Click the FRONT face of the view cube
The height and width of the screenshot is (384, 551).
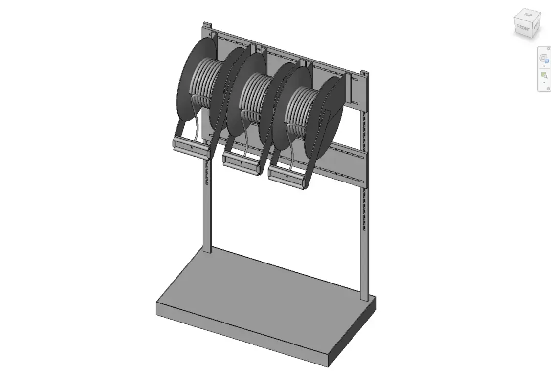tap(523, 28)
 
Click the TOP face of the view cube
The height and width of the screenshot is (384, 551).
tap(528, 16)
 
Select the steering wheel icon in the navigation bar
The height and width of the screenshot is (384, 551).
tap(543, 58)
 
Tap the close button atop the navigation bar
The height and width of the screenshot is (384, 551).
tap(548, 48)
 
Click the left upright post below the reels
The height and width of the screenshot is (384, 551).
tap(207, 215)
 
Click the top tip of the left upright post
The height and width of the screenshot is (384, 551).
tap(207, 24)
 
